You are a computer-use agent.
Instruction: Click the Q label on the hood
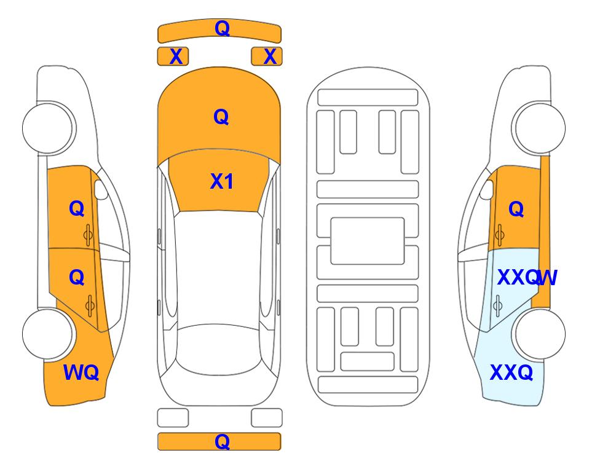pos(221,117)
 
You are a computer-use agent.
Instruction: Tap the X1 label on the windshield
pos(222,181)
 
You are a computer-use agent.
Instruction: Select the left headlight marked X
pos(173,57)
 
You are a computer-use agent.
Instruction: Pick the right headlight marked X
pos(267,57)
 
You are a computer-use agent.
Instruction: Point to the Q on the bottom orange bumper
pos(222,441)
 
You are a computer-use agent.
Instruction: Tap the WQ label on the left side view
pos(81,372)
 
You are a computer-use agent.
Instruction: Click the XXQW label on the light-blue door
pos(527,278)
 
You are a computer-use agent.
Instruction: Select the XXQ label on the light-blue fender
pos(511,372)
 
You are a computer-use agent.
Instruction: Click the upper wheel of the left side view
pos(48,128)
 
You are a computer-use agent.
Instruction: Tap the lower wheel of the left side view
pos(48,334)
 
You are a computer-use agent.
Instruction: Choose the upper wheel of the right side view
pos(539,128)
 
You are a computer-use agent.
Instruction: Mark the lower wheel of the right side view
pos(539,334)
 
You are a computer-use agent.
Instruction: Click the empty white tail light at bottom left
pos(173,418)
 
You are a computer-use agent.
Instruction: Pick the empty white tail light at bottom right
pos(267,418)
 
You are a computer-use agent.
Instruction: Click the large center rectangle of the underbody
pos(368,241)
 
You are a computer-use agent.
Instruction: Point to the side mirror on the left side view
pos(100,189)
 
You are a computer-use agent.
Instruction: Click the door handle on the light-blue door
pos(497,306)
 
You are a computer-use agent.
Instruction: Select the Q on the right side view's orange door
pos(516,209)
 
